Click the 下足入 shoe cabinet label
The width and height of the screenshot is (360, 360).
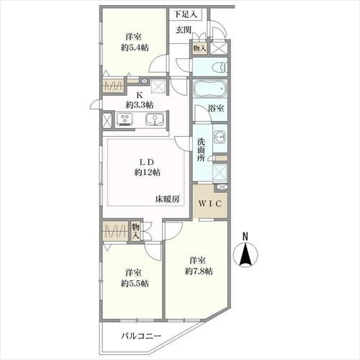[186, 14]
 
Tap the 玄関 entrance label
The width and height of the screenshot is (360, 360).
[184, 30]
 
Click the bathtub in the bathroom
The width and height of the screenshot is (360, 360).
[210, 88]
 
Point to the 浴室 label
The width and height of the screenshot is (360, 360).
[216, 109]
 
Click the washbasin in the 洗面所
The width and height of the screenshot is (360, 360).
[220, 137]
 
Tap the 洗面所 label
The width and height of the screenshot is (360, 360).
[202, 150]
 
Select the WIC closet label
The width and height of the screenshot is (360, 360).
[210, 204]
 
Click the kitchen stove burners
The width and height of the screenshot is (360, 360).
[125, 119]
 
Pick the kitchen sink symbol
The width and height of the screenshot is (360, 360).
[155, 120]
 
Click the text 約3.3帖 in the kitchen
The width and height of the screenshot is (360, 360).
[140, 104]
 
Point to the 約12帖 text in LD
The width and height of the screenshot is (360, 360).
[147, 172]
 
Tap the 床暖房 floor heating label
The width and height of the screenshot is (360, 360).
[167, 199]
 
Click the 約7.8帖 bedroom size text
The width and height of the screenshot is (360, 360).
[199, 271]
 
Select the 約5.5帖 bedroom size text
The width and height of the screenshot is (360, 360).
[135, 284]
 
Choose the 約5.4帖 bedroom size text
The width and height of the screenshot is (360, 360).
[135, 48]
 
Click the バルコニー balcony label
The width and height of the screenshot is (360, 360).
[141, 336]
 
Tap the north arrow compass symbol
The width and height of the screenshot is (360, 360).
[246, 253]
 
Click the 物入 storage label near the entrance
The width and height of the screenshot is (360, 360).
[199, 48]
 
